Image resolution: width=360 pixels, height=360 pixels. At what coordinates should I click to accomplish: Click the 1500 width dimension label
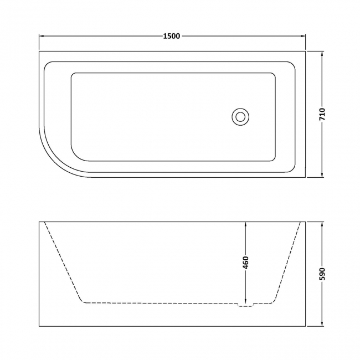tap(172, 36)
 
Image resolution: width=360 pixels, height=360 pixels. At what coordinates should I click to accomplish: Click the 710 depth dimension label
tap(322, 115)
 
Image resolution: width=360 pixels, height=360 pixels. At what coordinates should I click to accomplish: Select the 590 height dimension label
tap(322, 274)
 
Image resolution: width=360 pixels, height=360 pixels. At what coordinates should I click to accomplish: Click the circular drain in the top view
tap(240, 116)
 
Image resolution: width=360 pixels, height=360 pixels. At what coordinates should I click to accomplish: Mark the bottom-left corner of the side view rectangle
tap(39, 327)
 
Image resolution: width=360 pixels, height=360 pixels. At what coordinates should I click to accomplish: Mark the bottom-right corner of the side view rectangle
tap(305, 327)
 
